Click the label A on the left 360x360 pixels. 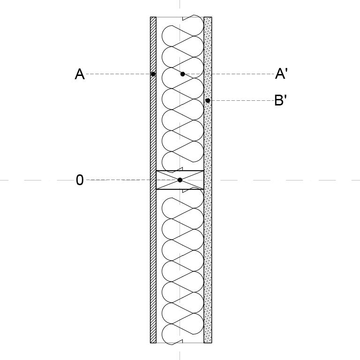point(80,74)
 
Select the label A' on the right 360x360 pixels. point(281,74)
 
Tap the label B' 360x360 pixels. point(281,100)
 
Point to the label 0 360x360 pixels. point(80,180)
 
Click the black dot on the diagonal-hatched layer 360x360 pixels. point(153,74)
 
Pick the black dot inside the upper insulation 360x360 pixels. point(182,74)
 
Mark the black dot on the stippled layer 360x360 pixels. point(208,100)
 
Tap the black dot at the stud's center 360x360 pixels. point(180,180)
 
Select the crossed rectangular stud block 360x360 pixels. point(180,180)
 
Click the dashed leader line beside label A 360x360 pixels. point(118,74)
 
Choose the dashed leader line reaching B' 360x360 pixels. point(242,100)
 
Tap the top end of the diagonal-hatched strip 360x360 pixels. point(153,17)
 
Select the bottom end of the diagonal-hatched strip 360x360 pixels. point(153,343)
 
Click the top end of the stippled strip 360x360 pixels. point(208,17)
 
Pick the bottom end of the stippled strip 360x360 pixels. point(208,343)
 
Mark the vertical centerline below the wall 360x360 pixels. point(180,355)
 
